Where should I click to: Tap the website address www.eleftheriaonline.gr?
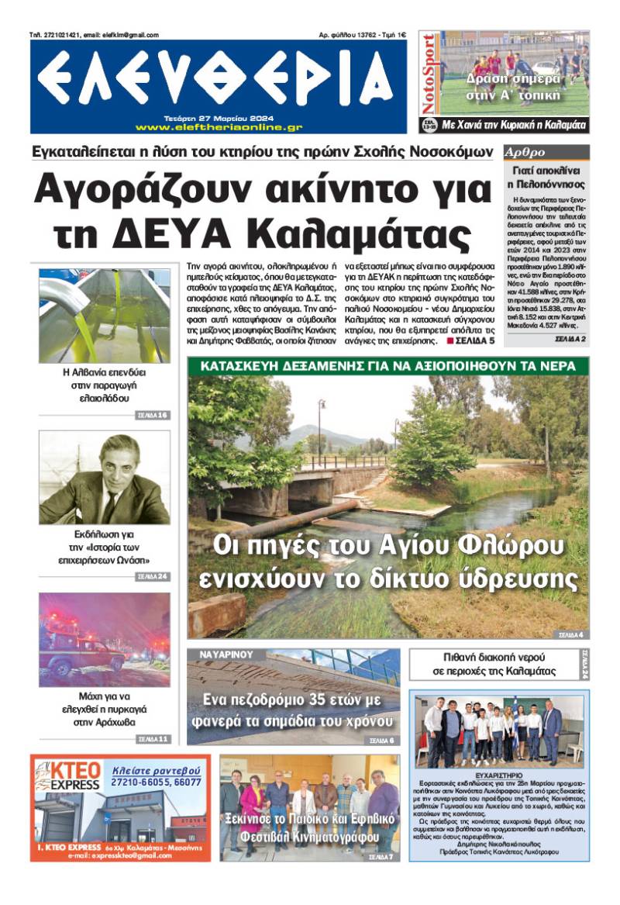[x=219, y=127]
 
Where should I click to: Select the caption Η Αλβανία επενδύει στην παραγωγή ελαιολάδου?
[x=104, y=385]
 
